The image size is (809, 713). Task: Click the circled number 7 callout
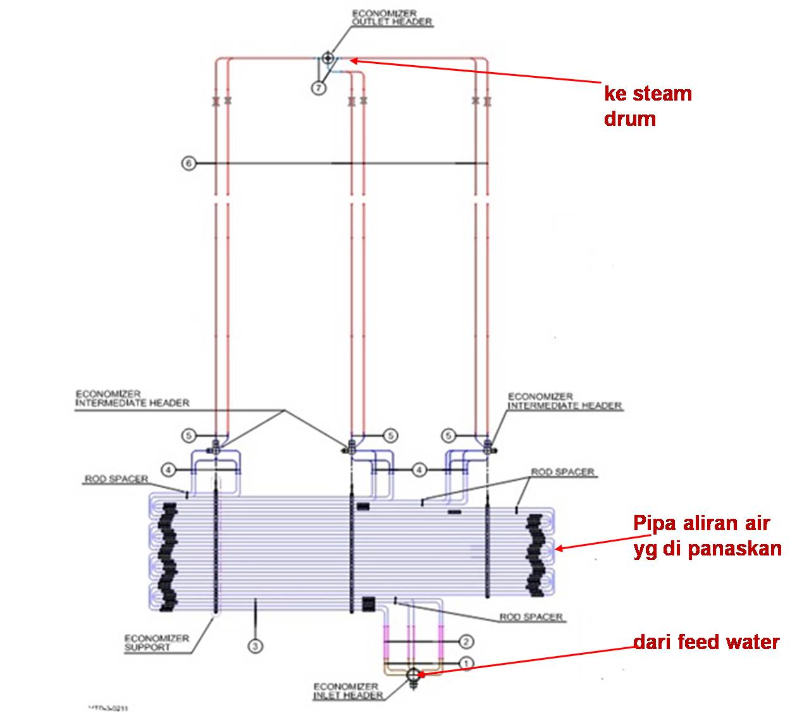(318, 88)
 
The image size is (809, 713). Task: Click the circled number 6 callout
(188, 163)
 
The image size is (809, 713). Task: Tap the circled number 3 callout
(256, 646)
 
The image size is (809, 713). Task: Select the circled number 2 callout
(466, 642)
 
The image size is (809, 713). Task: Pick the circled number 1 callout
(466, 663)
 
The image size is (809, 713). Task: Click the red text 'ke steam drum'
(648, 106)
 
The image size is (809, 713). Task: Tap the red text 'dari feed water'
(707, 642)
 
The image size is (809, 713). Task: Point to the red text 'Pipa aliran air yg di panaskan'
(707, 536)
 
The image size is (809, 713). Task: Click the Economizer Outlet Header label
(392, 17)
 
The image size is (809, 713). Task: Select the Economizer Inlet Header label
(349, 691)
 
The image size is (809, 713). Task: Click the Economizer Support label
(156, 642)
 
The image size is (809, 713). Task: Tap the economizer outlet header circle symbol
(327, 58)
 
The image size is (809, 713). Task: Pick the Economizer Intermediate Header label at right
(565, 400)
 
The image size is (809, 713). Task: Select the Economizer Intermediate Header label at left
(132, 398)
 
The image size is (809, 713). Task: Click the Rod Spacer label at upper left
(116, 480)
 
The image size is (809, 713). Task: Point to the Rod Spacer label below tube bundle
(531, 616)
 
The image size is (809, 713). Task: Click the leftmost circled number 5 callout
(188, 435)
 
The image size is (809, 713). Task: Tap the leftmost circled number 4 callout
(168, 469)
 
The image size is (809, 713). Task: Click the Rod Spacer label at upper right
(562, 472)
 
